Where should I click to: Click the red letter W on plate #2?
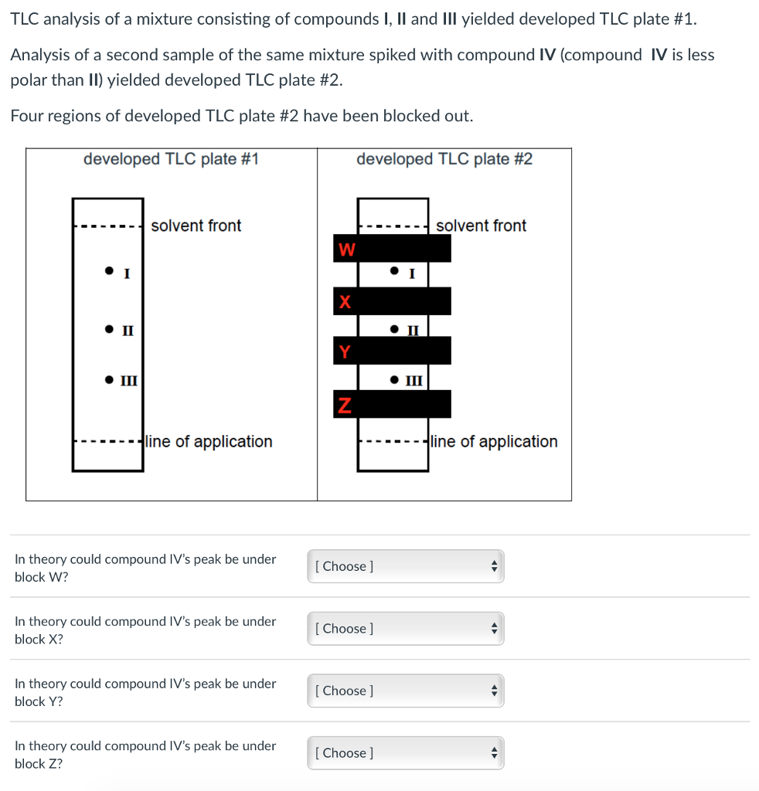click(x=347, y=250)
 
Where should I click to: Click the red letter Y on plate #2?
click(x=345, y=352)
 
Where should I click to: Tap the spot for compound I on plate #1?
click(x=110, y=271)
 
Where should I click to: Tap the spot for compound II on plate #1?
click(x=110, y=330)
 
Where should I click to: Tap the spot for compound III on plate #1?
click(x=110, y=379)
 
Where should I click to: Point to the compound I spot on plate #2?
click(x=395, y=271)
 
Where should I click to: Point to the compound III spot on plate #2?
click(x=395, y=379)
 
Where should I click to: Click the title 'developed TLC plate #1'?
click(x=171, y=159)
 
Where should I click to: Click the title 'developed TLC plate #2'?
click(x=444, y=159)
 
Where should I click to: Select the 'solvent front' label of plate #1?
click(x=196, y=226)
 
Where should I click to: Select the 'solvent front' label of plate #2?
click(x=481, y=226)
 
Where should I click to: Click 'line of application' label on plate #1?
click(x=209, y=441)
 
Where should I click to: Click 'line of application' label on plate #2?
click(x=494, y=441)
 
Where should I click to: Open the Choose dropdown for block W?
click(x=405, y=566)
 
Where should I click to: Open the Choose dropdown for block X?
click(x=405, y=629)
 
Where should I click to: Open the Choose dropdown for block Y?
click(x=405, y=691)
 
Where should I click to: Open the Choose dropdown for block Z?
click(x=405, y=753)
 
